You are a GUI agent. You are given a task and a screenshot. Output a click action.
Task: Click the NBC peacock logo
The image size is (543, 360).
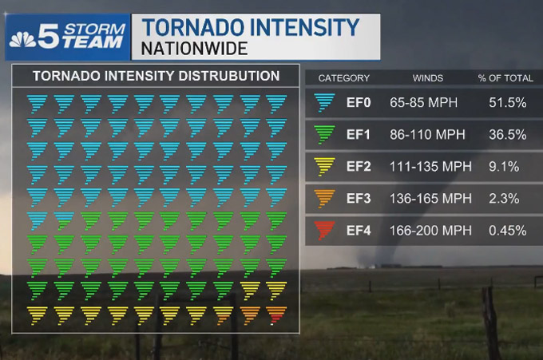click(23, 38)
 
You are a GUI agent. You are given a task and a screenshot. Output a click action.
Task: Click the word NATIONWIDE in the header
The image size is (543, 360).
click(194, 48)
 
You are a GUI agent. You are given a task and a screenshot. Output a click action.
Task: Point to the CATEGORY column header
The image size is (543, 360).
click(343, 78)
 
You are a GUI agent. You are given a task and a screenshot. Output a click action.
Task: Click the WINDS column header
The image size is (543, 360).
click(427, 78)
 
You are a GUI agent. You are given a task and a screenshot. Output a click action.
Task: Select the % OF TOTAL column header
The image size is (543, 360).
click(505, 78)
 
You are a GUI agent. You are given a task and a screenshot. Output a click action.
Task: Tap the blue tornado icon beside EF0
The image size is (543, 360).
click(324, 103)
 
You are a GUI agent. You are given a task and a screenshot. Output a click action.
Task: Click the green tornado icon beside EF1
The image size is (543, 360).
click(324, 135)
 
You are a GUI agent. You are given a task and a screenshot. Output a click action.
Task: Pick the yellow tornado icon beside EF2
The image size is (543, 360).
click(324, 167)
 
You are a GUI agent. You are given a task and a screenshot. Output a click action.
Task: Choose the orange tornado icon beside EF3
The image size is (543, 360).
click(324, 199)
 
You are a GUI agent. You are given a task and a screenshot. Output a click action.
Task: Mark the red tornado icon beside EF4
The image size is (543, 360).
click(324, 231)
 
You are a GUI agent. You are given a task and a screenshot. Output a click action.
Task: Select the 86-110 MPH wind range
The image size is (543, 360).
click(427, 135)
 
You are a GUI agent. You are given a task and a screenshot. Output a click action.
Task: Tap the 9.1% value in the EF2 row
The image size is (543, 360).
click(505, 167)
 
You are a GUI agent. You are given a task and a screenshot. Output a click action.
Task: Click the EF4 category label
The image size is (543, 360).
click(359, 231)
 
